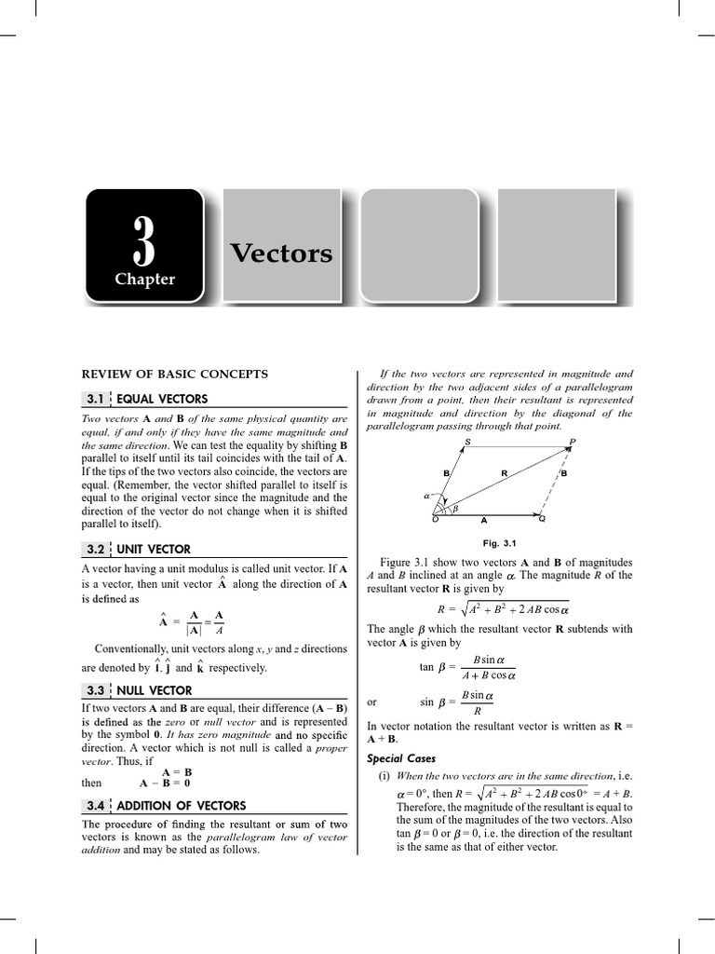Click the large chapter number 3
(x=144, y=240)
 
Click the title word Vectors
(x=280, y=253)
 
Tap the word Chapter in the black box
(x=144, y=279)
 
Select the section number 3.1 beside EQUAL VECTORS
(x=95, y=399)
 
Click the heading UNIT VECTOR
(x=154, y=549)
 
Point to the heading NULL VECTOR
(x=155, y=690)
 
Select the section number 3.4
(x=95, y=805)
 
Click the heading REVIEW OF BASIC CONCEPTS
(x=175, y=374)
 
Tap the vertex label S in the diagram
(x=467, y=441)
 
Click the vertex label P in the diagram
(x=573, y=441)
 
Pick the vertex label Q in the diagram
(x=543, y=519)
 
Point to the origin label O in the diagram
(x=435, y=519)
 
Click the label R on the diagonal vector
(x=504, y=473)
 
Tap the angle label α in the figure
(x=427, y=497)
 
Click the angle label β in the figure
(x=455, y=509)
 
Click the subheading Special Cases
(x=401, y=757)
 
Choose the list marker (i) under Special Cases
(x=383, y=776)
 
